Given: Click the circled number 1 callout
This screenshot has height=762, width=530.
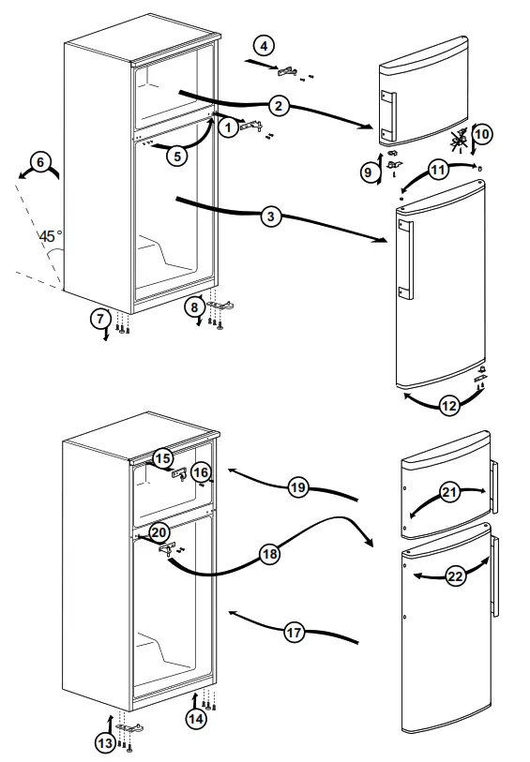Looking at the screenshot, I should click(x=228, y=128).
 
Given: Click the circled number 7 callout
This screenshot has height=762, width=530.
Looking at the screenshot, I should click(x=100, y=318).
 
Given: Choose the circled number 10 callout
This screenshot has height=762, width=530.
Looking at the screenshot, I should click(x=482, y=134).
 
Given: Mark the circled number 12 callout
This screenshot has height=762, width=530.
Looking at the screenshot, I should click(x=448, y=406).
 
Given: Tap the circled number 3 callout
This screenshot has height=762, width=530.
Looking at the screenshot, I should click(x=270, y=217).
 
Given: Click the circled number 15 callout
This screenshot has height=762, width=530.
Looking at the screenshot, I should click(x=163, y=458).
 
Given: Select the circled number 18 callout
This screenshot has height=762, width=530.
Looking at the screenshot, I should click(x=270, y=555).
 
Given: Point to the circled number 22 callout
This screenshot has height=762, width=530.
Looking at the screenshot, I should click(x=455, y=576).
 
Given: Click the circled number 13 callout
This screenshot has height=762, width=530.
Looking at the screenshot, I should click(x=105, y=742).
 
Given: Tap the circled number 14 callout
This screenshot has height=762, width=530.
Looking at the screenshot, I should click(x=195, y=719).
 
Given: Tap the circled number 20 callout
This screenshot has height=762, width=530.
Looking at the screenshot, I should click(x=159, y=532).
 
